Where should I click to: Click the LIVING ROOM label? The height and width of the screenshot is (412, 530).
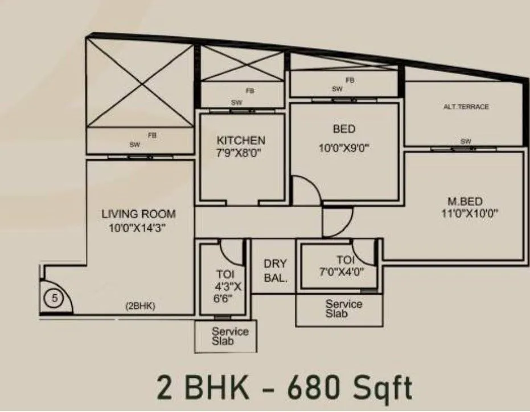pyautogui.click(x=138, y=214)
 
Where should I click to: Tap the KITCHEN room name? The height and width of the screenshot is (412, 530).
pyautogui.click(x=241, y=140)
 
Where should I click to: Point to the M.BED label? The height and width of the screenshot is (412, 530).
pyautogui.click(x=465, y=201)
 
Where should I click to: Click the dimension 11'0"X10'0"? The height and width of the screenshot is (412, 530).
pyautogui.click(x=465, y=215)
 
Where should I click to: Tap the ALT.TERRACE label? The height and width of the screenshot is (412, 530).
pyautogui.click(x=466, y=107)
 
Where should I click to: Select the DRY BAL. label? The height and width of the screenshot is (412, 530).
pyautogui.click(x=275, y=271)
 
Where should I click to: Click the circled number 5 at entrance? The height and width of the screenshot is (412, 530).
pyautogui.click(x=51, y=297)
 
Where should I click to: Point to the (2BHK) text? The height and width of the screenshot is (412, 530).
pyautogui.click(x=140, y=306)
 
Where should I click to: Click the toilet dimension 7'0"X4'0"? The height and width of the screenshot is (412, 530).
pyautogui.click(x=341, y=272)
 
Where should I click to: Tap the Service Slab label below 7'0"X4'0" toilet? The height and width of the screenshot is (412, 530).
pyautogui.click(x=343, y=308)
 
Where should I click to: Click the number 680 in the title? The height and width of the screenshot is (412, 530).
pyautogui.click(x=318, y=388)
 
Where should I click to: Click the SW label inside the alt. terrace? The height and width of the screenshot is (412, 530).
pyautogui.click(x=466, y=141)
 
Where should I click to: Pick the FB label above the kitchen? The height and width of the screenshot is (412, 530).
pyautogui.click(x=249, y=90)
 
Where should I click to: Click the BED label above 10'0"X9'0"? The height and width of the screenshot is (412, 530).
pyautogui.click(x=344, y=129)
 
